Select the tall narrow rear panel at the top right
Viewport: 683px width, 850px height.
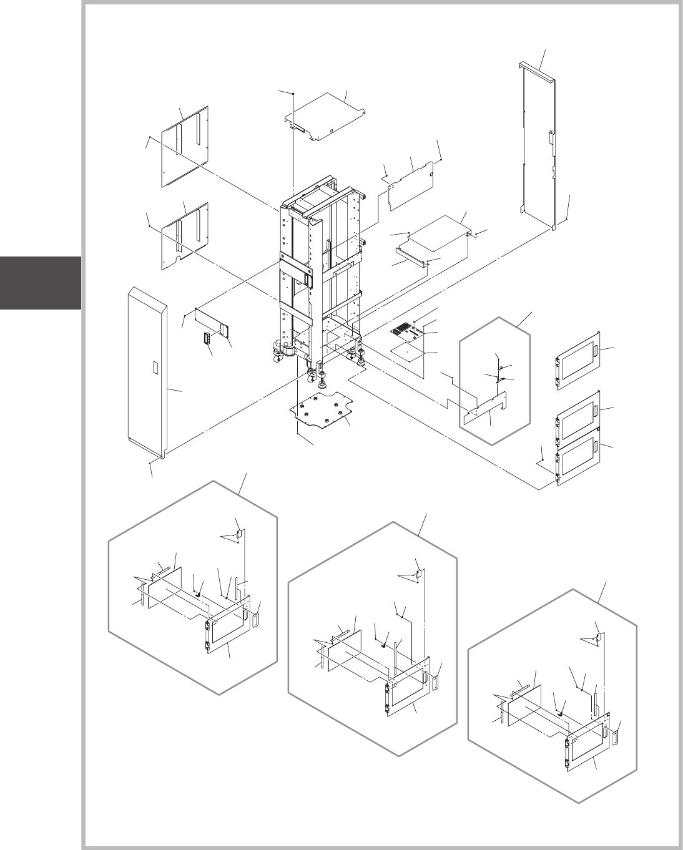pyautogui.click(x=538, y=144)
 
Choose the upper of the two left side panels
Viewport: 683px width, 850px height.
pyautogui.click(x=186, y=147)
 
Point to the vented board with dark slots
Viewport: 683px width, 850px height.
pyautogui.click(x=411, y=331)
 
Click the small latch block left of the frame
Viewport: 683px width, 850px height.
pyautogui.click(x=205, y=338)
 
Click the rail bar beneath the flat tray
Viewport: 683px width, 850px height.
pyautogui.click(x=412, y=258)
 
